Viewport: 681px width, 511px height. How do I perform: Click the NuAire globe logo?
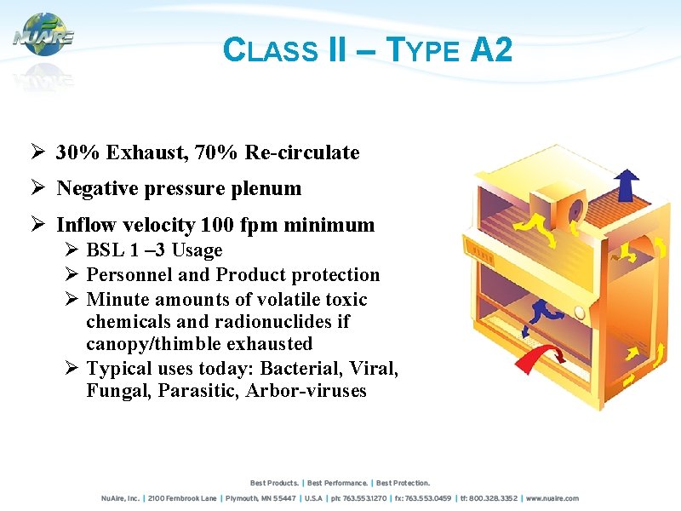pyautogui.click(x=43, y=35)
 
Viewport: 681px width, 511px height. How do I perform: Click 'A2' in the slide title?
pyautogui.click(x=491, y=51)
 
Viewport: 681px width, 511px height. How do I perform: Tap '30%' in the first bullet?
pyautogui.click(x=77, y=152)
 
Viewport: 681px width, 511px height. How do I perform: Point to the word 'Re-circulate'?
pyautogui.click(x=302, y=152)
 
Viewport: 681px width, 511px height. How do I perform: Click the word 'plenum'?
pyautogui.click(x=270, y=188)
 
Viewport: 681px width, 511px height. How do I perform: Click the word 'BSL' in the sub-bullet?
pyautogui.click(x=105, y=250)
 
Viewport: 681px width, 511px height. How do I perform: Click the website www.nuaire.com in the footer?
pyautogui.click(x=552, y=498)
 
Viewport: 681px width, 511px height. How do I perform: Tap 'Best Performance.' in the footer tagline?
pyautogui.click(x=339, y=483)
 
